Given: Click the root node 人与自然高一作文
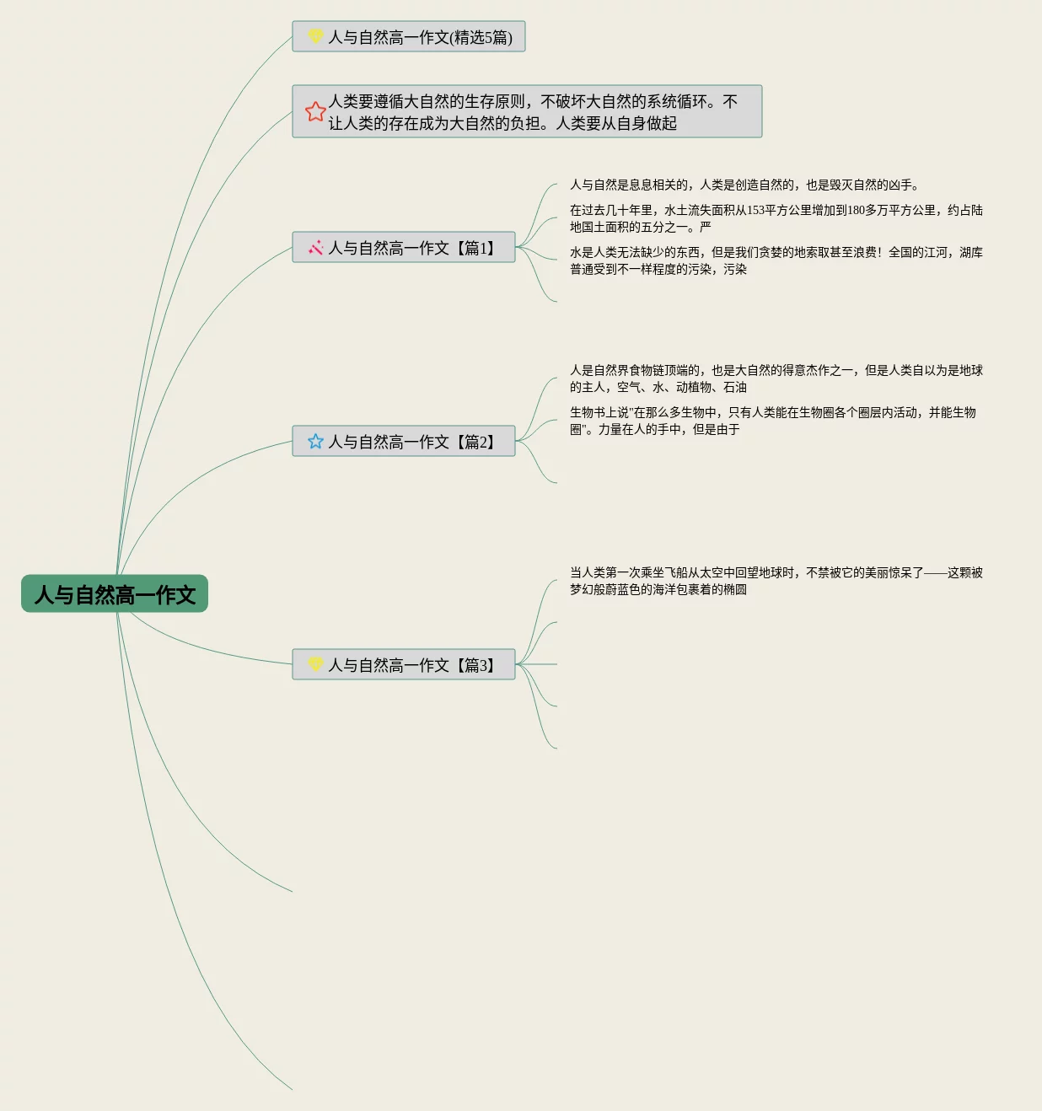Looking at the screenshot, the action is tap(115, 594).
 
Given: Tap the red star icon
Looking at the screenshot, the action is tap(315, 112).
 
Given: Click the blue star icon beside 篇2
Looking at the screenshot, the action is tap(315, 441).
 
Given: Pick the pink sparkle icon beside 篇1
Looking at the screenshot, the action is tap(315, 248).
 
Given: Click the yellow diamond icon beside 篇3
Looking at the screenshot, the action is tap(315, 664).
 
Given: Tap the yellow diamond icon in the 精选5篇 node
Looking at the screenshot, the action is tap(315, 36).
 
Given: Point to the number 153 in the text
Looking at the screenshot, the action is tap(755, 211).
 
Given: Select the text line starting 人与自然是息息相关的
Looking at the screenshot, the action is tap(744, 185).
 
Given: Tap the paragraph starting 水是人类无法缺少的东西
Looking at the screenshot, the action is tap(776, 260).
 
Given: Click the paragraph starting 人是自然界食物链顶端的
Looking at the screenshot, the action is tap(776, 378).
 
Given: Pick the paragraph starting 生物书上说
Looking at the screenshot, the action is tap(772, 421).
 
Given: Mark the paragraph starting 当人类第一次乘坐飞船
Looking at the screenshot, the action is tap(776, 581).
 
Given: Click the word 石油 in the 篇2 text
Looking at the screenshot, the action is tap(735, 388).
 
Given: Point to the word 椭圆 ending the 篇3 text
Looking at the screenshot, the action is tap(735, 590).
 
